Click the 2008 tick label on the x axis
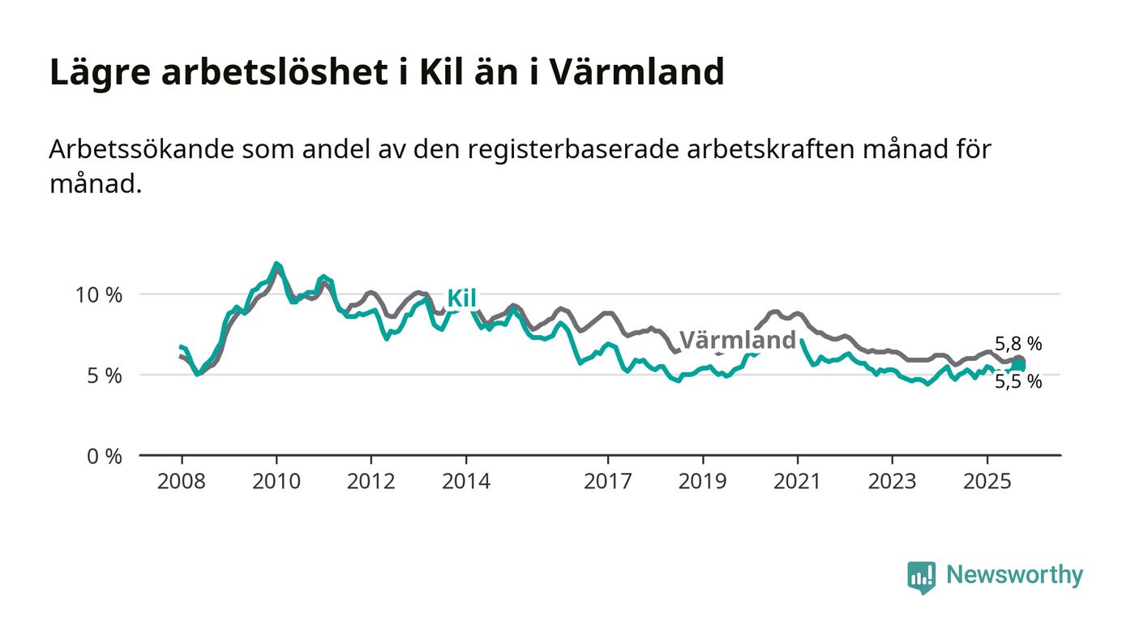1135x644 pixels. (182, 481)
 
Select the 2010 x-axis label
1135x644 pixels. (276, 481)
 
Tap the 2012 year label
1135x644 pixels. (371, 481)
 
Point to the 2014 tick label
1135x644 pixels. (466, 481)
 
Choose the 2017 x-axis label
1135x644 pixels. (608, 481)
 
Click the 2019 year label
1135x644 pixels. (703, 481)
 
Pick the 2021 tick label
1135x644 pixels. (798, 481)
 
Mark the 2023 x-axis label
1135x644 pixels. (893, 481)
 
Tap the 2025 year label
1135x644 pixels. (987, 481)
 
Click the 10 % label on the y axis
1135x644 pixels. (99, 294)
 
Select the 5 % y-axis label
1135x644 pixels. (105, 376)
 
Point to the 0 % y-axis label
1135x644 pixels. (105, 457)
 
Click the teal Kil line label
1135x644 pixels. (461, 298)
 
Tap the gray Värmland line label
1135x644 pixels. (737, 340)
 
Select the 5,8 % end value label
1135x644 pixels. (1018, 344)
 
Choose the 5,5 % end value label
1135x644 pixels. (1018, 381)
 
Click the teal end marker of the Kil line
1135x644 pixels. (1018, 367)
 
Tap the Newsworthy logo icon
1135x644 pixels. (921, 577)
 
